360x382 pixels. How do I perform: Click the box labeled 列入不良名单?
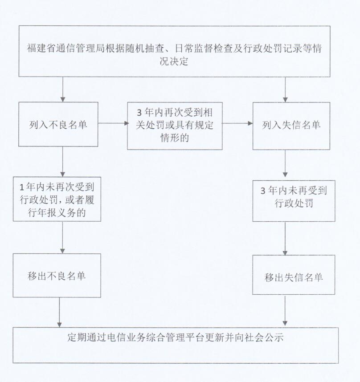(x=58, y=124)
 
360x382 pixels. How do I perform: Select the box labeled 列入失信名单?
(x=291, y=126)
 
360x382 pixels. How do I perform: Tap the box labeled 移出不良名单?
(x=57, y=275)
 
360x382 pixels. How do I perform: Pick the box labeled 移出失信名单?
(x=294, y=275)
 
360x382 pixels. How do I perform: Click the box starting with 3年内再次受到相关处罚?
(x=175, y=126)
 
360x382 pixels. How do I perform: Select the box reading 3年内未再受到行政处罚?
(x=294, y=201)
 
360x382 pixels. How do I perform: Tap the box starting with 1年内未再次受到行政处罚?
(x=57, y=199)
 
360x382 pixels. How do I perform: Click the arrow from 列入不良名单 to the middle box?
(x=113, y=123)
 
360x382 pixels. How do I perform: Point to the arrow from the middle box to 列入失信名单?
(x=237, y=123)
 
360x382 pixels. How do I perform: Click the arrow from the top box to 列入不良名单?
(x=63, y=89)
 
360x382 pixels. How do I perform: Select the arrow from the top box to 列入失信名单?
(x=285, y=89)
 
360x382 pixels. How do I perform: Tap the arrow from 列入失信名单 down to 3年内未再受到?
(x=285, y=163)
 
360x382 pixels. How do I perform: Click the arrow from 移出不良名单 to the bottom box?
(x=59, y=313)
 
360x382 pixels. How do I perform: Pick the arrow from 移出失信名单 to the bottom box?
(x=285, y=310)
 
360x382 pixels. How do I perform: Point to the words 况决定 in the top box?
(x=174, y=61)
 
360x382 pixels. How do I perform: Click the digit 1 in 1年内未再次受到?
(x=22, y=187)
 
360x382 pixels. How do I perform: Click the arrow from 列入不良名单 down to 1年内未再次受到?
(x=63, y=162)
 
